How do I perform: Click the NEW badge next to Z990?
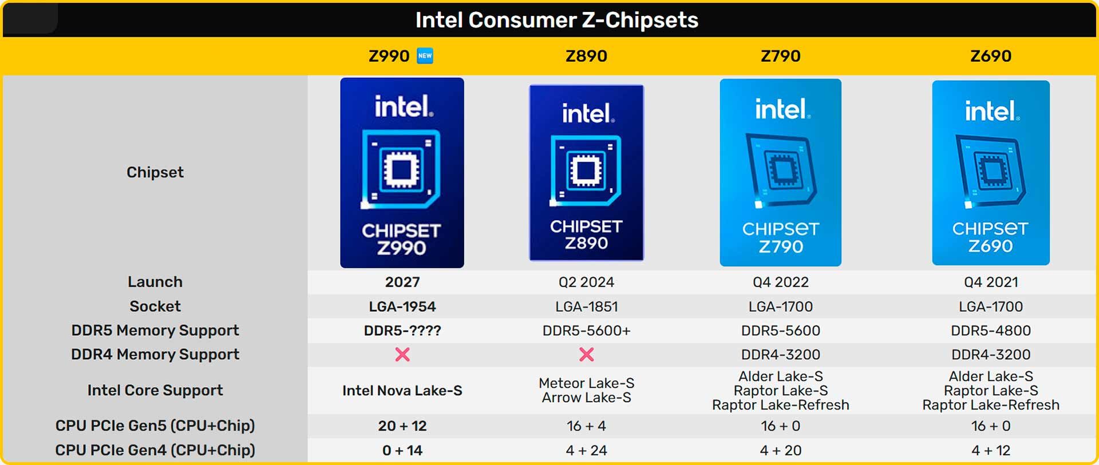(425, 55)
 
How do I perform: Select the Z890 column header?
(586, 56)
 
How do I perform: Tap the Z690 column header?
(990, 56)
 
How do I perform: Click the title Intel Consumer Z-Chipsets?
(556, 20)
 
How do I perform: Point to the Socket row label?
(155, 306)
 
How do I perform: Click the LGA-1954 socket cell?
(402, 307)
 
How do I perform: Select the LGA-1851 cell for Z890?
(586, 307)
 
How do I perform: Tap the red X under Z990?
(402, 355)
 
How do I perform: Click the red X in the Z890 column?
(586, 355)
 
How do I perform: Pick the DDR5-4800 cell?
(990, 331)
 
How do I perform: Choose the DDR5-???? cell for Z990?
(402, 331)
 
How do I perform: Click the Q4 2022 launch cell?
(780, 282)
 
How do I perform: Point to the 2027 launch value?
(402, 282)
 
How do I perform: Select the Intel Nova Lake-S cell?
(402, 391)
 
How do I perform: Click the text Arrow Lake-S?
(586, 398)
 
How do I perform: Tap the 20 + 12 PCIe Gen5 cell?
(402, 426)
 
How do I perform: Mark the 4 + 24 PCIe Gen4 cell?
(586, 451)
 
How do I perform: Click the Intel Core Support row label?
(155, 390)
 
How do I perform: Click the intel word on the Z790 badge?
(781, 109)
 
